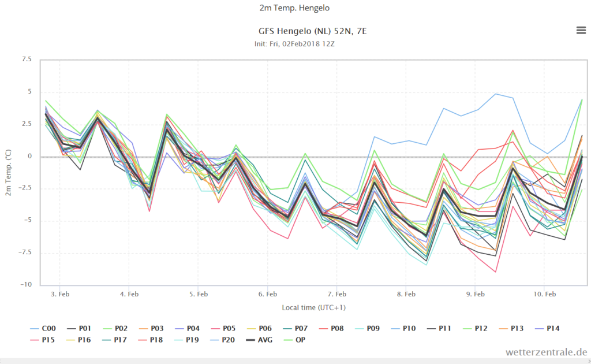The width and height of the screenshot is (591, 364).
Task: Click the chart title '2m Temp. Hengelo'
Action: [294, 8]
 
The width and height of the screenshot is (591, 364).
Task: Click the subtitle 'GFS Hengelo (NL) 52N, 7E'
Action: [312, 31]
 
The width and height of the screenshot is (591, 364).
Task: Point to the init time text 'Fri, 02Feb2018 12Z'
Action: [302, 44]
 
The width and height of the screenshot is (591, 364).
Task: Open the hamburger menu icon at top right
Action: [581, 30]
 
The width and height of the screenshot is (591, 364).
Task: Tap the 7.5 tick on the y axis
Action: [27, 59]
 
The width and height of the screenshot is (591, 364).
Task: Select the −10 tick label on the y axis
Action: [25, 284]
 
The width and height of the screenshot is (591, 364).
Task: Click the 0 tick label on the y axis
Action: [30, 156]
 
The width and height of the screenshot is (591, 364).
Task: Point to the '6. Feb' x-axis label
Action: [268, 294]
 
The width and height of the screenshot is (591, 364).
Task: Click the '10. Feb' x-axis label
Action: [544, 294]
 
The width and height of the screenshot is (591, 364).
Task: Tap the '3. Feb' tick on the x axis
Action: [60, 294]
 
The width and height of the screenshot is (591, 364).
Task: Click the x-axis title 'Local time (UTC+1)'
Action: [313, 307]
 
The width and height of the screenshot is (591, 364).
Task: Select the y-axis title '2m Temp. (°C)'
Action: [8, 172]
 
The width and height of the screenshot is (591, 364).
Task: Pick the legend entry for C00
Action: [43, 329]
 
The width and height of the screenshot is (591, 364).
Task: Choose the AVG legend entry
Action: [259, 340]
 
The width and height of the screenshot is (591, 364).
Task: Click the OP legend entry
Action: [294, 340]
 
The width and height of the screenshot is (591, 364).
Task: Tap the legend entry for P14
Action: [547, 329]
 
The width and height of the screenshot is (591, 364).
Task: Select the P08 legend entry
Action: [331, 329]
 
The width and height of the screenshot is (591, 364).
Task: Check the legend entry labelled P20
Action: [222, 340]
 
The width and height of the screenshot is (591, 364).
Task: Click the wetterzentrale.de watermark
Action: [546, 352]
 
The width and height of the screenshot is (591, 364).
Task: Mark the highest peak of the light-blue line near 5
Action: [496, 94]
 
